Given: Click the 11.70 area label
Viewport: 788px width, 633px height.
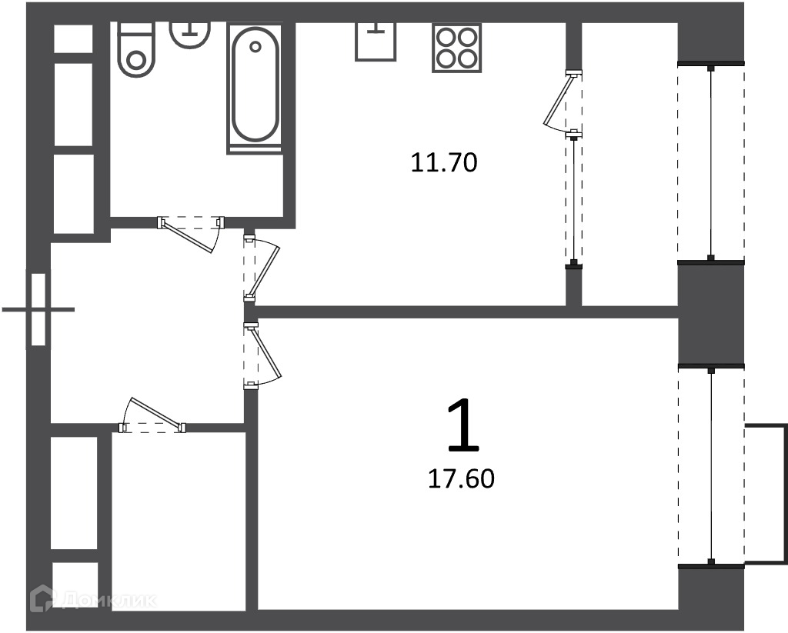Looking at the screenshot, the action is tap(444, 163).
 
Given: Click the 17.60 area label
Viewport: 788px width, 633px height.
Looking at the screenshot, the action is tap(461, 478).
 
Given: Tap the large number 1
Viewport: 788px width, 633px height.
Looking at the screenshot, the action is tap(463, 425).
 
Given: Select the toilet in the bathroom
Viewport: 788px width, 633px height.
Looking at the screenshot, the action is tap(136, 49).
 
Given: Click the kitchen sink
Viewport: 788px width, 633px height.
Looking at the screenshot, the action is tap(375, 42).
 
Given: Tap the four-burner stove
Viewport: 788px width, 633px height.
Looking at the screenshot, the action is tap(456, 48).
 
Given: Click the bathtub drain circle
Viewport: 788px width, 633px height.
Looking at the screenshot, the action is tap(255, 47).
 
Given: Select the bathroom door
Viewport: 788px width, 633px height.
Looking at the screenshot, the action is tap(191, 234).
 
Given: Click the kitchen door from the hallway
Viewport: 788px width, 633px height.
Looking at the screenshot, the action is tap(262, 268).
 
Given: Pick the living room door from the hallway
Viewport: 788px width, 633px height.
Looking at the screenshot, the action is tap(262, 355).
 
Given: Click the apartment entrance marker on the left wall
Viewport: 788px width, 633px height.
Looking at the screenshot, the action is tap(38, 309).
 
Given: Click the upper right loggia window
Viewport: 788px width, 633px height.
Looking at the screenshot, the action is tap(711, 162).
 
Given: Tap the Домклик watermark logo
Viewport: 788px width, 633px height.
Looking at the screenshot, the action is tap(93, 599).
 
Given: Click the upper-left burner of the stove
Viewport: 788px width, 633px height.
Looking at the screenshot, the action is tap(446, 36).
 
